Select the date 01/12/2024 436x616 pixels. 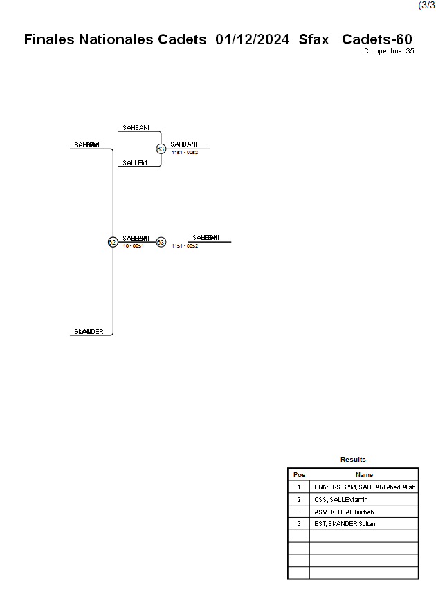pyautogui.click(x=252, y=39)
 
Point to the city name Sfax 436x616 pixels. pyautogui.click(x=314, y=39)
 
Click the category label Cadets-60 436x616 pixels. pyautogui.click(x=377, y=39)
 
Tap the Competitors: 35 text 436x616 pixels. pyautogui.click(x=389, y=51)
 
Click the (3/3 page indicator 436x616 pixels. pyautogui.click(x=426, y=6)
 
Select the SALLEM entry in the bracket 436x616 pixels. pyautogui.click(x=134, y=163)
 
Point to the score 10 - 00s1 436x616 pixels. pyautogui.click(x=133, y=246)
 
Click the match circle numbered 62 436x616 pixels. pyautogui.click(x=112, y=242)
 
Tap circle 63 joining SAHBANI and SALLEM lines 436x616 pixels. pyautogui.click(x=161, y=149)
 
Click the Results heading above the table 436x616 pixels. pyautogui.click(x=353, y=460)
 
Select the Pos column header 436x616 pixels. pyautogui.click(x=299, y=475)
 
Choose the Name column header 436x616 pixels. pyautogui.click(x=364, y=475)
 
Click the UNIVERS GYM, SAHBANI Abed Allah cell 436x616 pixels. pyautogui.click(x=364, y=487)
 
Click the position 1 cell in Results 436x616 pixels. pyautogui.click(x=299, y=487)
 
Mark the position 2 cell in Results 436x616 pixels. pyautogui.click(x=299, y=500)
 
